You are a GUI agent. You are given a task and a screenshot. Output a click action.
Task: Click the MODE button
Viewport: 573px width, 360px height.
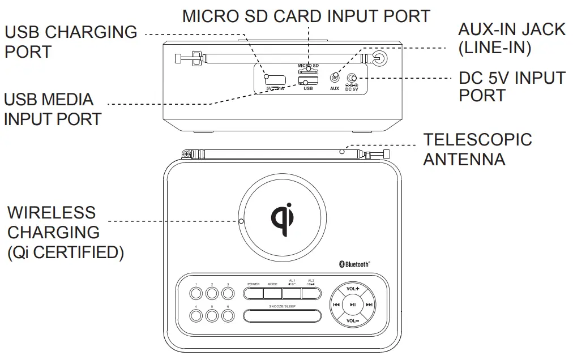pos(272,294)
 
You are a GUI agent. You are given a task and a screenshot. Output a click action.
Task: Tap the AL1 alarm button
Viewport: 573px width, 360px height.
pos(292,294)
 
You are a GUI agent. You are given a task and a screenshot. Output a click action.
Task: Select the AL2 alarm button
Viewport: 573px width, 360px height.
pos(311,294)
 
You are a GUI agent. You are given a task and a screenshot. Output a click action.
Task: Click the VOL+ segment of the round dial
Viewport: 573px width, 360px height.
pos(352,289)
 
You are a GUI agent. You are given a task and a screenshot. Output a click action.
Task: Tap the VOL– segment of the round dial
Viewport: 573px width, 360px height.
pos(352,321)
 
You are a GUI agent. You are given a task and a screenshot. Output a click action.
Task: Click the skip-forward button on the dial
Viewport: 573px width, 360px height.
pos(369,305)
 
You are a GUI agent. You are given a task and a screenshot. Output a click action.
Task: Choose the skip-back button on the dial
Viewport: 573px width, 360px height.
pos(336,305)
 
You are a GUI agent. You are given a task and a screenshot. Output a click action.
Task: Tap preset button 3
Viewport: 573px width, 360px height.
pos(228,293)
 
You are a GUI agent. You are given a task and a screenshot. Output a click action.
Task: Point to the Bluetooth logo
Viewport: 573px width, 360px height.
pos(354,263)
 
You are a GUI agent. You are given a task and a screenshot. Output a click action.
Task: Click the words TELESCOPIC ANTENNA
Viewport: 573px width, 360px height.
pos(477,149)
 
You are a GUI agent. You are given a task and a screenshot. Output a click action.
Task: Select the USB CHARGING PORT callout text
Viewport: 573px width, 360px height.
pos(70,41)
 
